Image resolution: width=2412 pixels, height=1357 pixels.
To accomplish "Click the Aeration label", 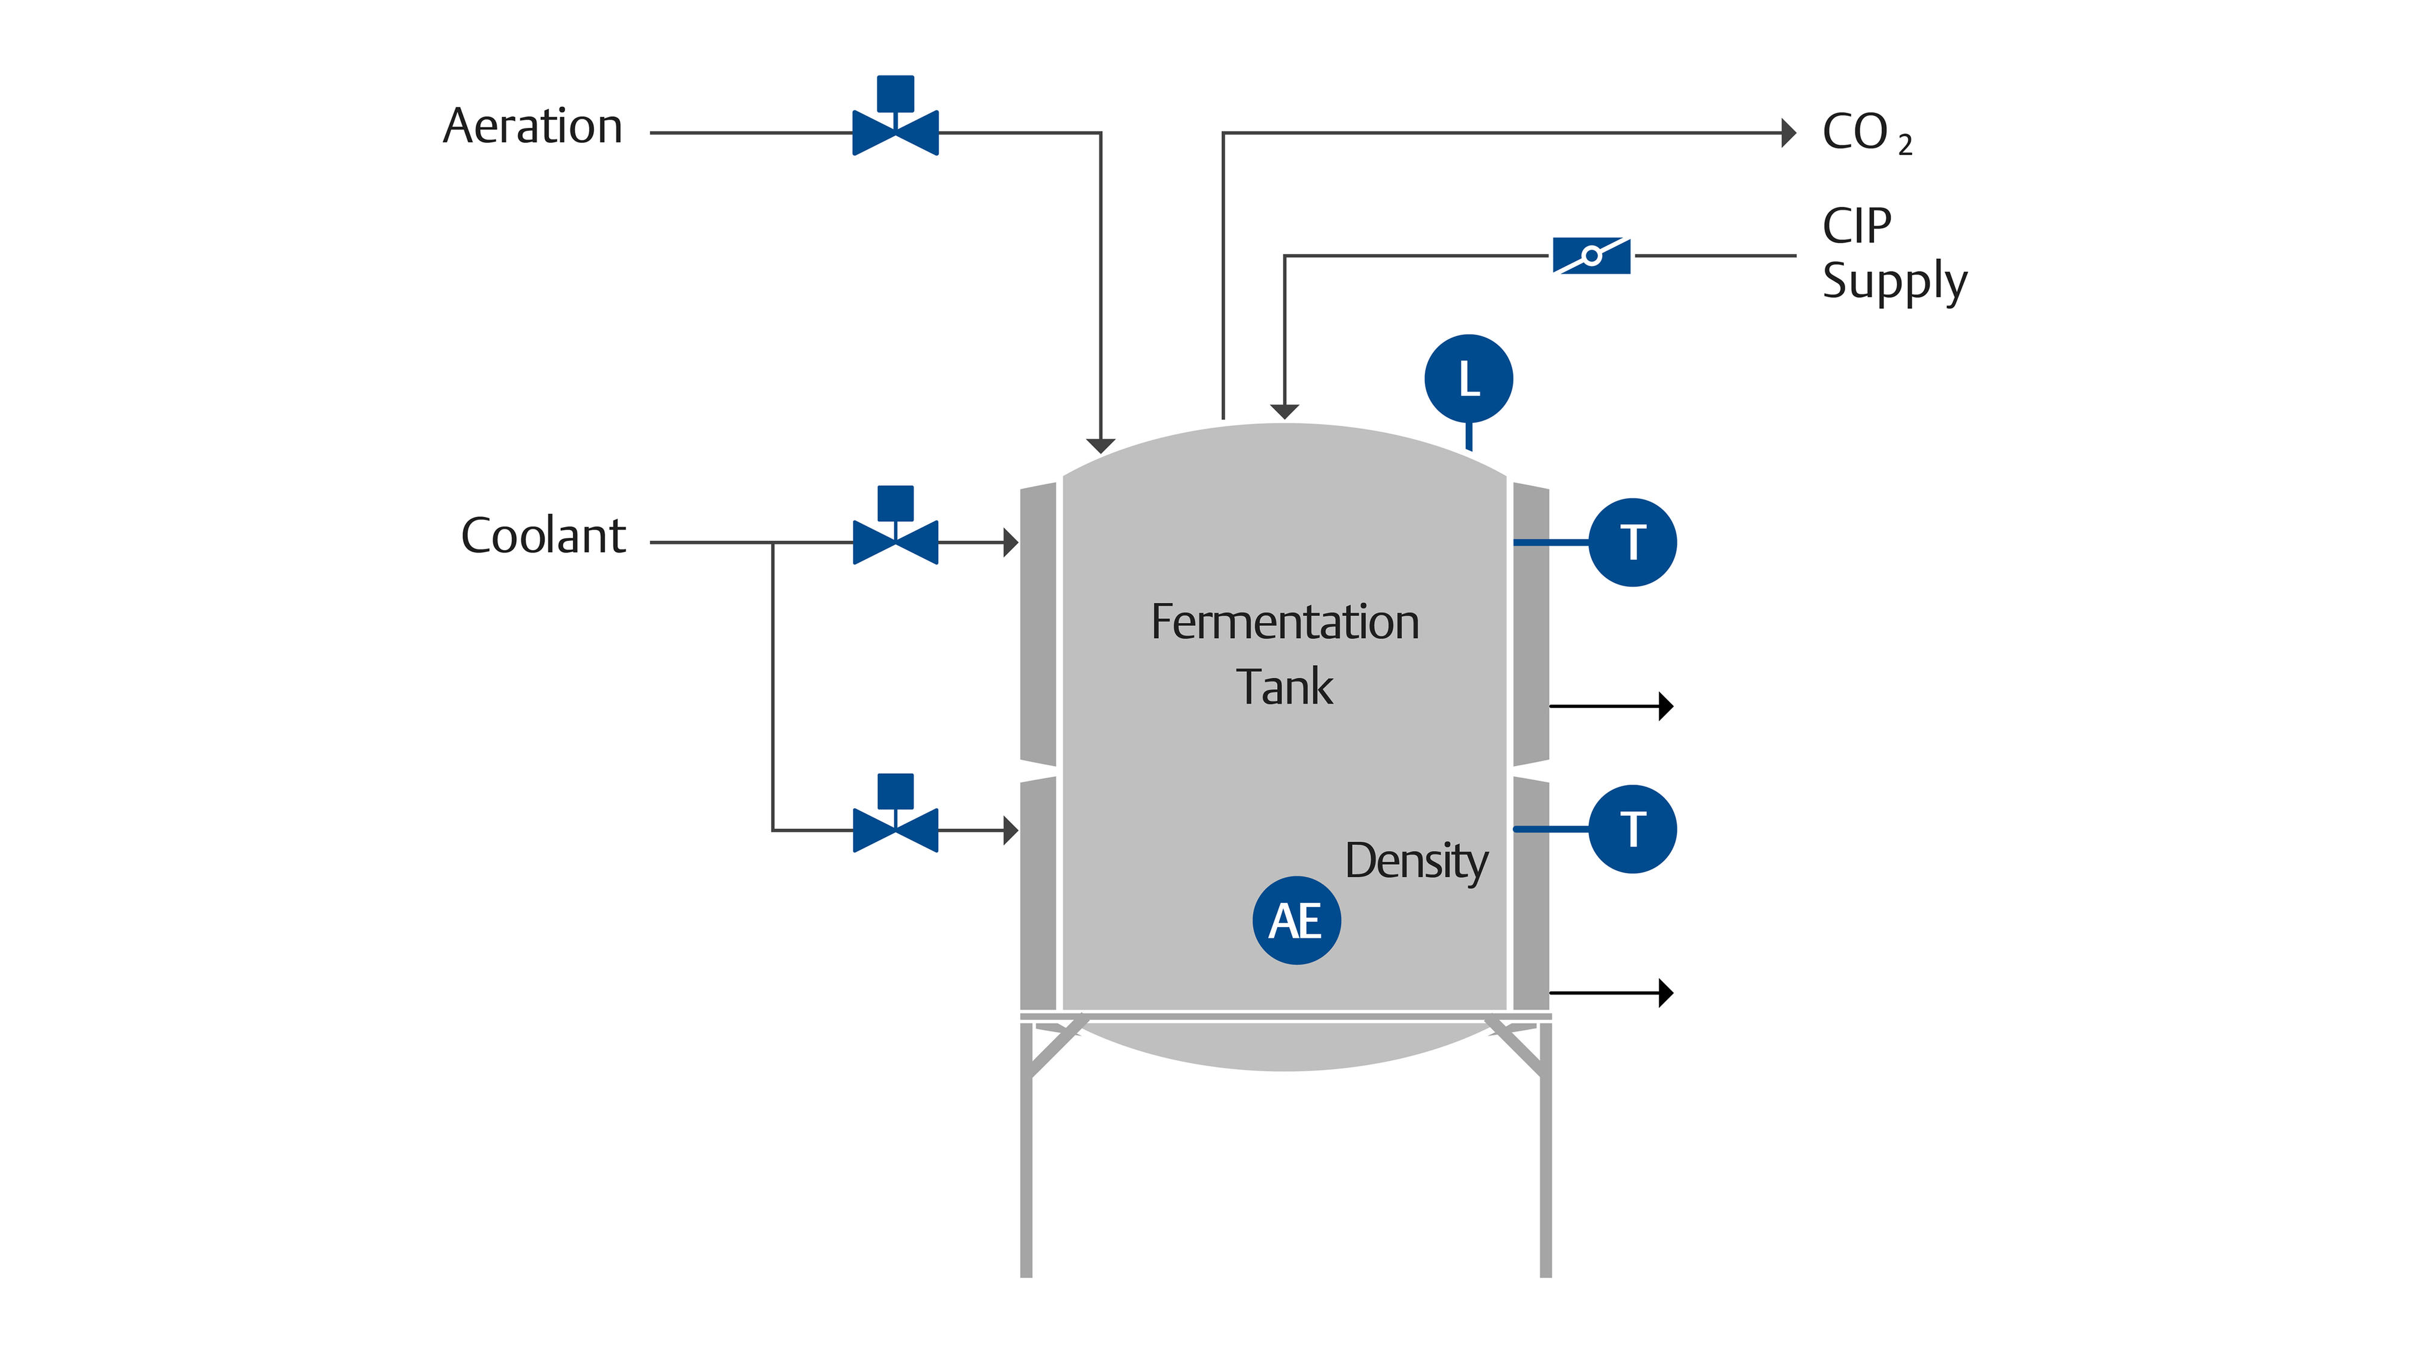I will tap(532, 127).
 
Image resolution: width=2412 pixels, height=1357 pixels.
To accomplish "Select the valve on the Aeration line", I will tap(895, 131).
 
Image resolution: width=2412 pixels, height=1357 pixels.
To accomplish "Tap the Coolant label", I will tap(543, 537).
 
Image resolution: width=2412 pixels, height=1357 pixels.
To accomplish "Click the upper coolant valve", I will tap(895, 542).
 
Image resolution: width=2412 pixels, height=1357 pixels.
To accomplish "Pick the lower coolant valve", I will tap(895, 829).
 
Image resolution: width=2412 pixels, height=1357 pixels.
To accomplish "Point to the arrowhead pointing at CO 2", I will tap(1788, 133).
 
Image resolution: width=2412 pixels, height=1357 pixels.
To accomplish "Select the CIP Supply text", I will tap(1893, 254).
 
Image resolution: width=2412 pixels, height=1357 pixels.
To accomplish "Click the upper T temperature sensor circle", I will tap(1632, 542).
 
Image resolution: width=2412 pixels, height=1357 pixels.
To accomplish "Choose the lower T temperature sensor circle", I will tap(1632, 829).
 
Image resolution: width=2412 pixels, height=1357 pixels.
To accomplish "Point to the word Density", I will tap(1416, 861).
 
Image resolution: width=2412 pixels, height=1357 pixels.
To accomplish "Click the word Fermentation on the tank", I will tap(1284, 623).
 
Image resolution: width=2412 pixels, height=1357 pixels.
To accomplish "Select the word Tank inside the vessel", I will tap(1284, 688).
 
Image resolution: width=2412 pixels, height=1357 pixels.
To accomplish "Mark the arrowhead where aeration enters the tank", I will tap(1100, 446).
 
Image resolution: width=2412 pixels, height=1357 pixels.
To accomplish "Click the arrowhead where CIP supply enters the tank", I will tap(1284, 411).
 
